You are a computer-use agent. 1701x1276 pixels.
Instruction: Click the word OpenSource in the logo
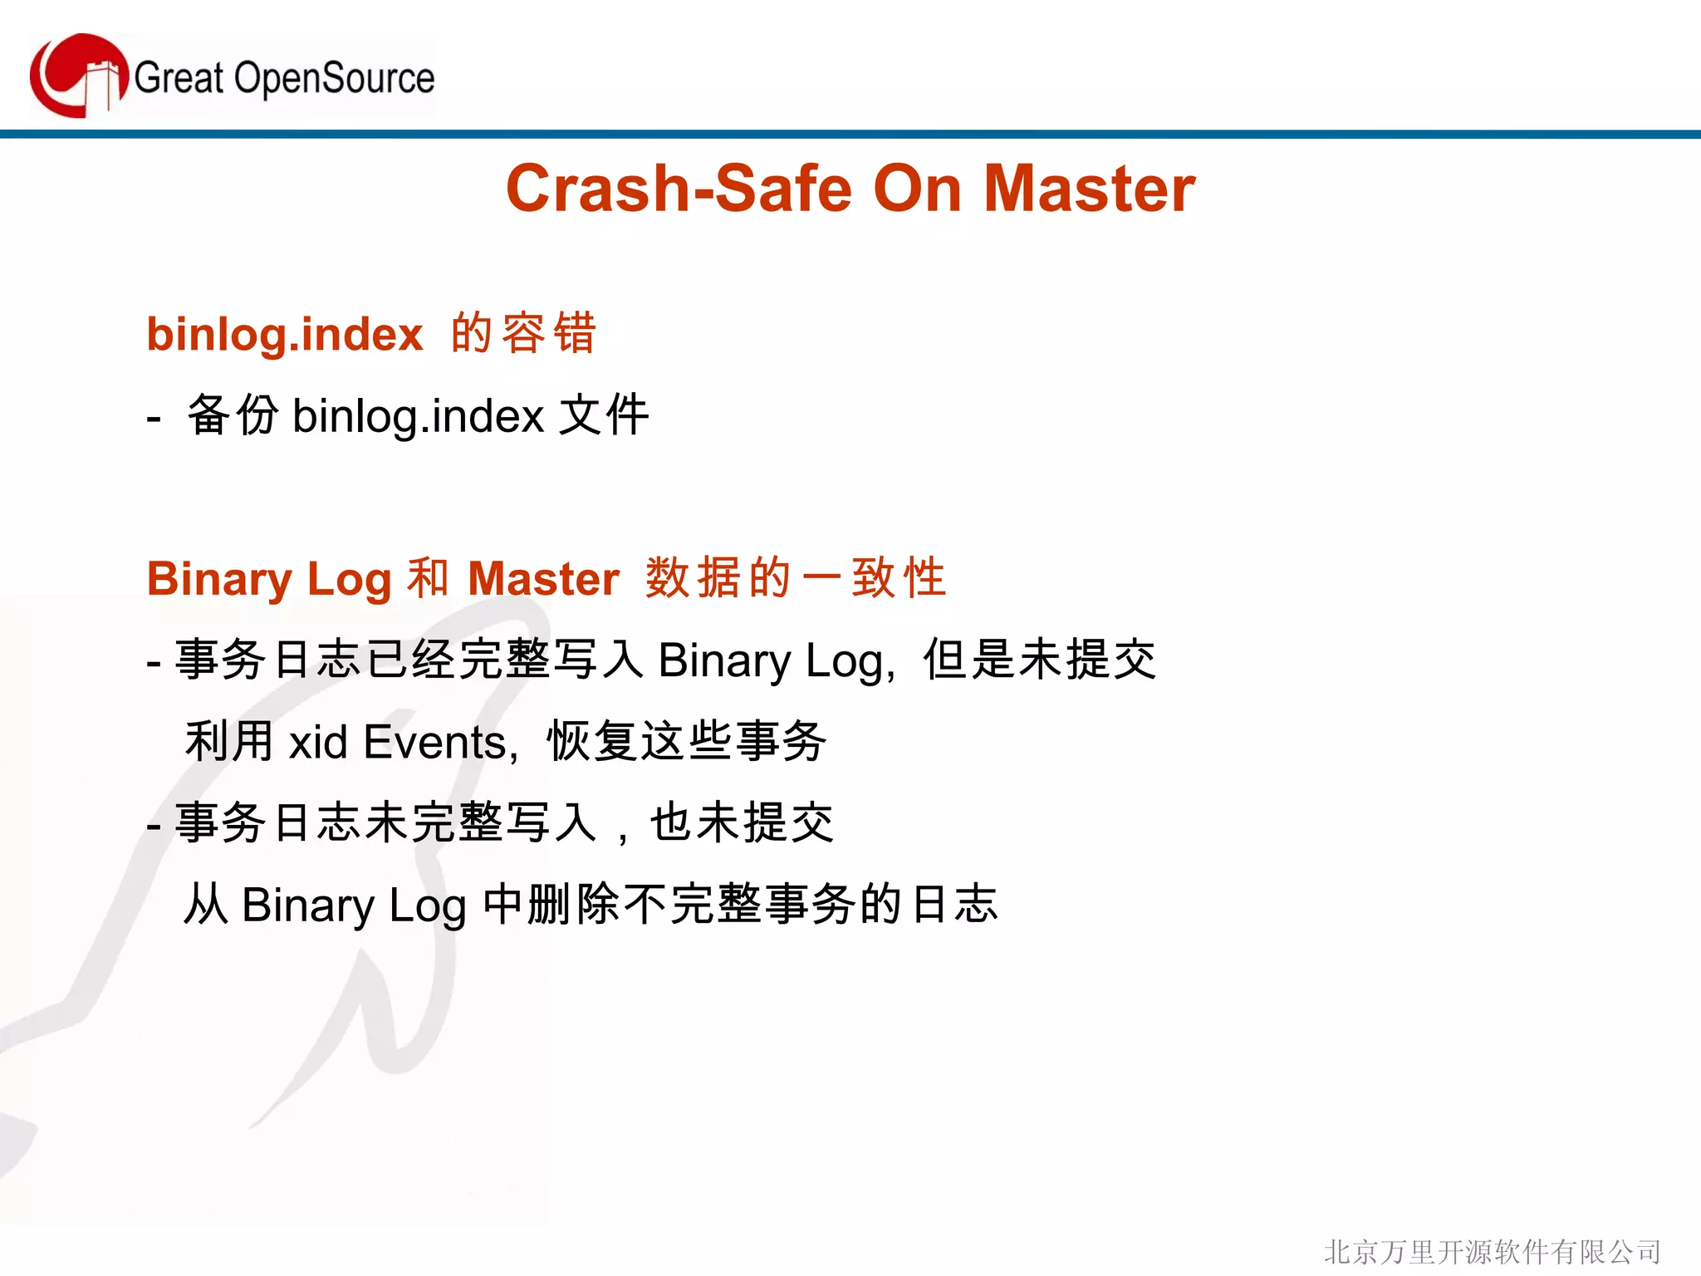[x=334, y=79]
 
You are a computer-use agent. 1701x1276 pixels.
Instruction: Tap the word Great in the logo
[x=179, y=79]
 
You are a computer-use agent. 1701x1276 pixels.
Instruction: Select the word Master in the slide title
[x=1089, y=189]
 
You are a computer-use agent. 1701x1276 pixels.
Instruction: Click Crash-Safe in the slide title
[x=678, y=189]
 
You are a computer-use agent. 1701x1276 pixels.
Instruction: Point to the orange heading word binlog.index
[x=285, y=335]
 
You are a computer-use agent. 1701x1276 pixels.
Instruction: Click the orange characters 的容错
[x=523, y=333]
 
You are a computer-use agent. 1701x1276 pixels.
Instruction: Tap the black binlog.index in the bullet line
[x=418, y=416]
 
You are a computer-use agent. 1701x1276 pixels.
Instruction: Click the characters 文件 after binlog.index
[x=604, y=415]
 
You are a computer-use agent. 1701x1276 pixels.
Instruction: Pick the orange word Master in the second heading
[x=543, y=579]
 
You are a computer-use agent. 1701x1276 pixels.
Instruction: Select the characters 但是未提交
[x=1039, y=660]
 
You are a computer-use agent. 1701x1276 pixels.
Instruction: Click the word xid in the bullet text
[x=318, y=742]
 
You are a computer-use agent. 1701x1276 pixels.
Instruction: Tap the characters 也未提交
[x=742, y=823]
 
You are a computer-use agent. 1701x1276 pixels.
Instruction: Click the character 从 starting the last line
[x=206, y=905]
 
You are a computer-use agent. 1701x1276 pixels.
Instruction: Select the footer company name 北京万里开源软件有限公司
[x=1492, y=1251]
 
